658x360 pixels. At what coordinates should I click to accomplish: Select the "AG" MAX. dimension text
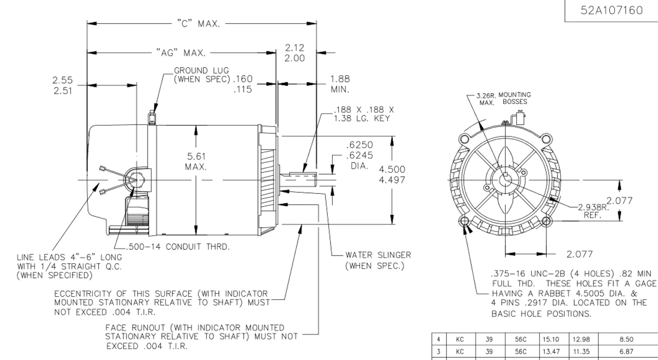(x=180, y=52)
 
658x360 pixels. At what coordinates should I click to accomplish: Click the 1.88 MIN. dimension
(x=340, y=84)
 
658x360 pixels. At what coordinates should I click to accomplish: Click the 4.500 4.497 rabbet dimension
(x=392, y=175)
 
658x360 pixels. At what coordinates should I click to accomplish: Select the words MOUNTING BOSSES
(x=515, y=98)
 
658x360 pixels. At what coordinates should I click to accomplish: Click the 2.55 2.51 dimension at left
(x=63, y=85)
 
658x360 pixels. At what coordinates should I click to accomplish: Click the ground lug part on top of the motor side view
(x=152, y=117)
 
